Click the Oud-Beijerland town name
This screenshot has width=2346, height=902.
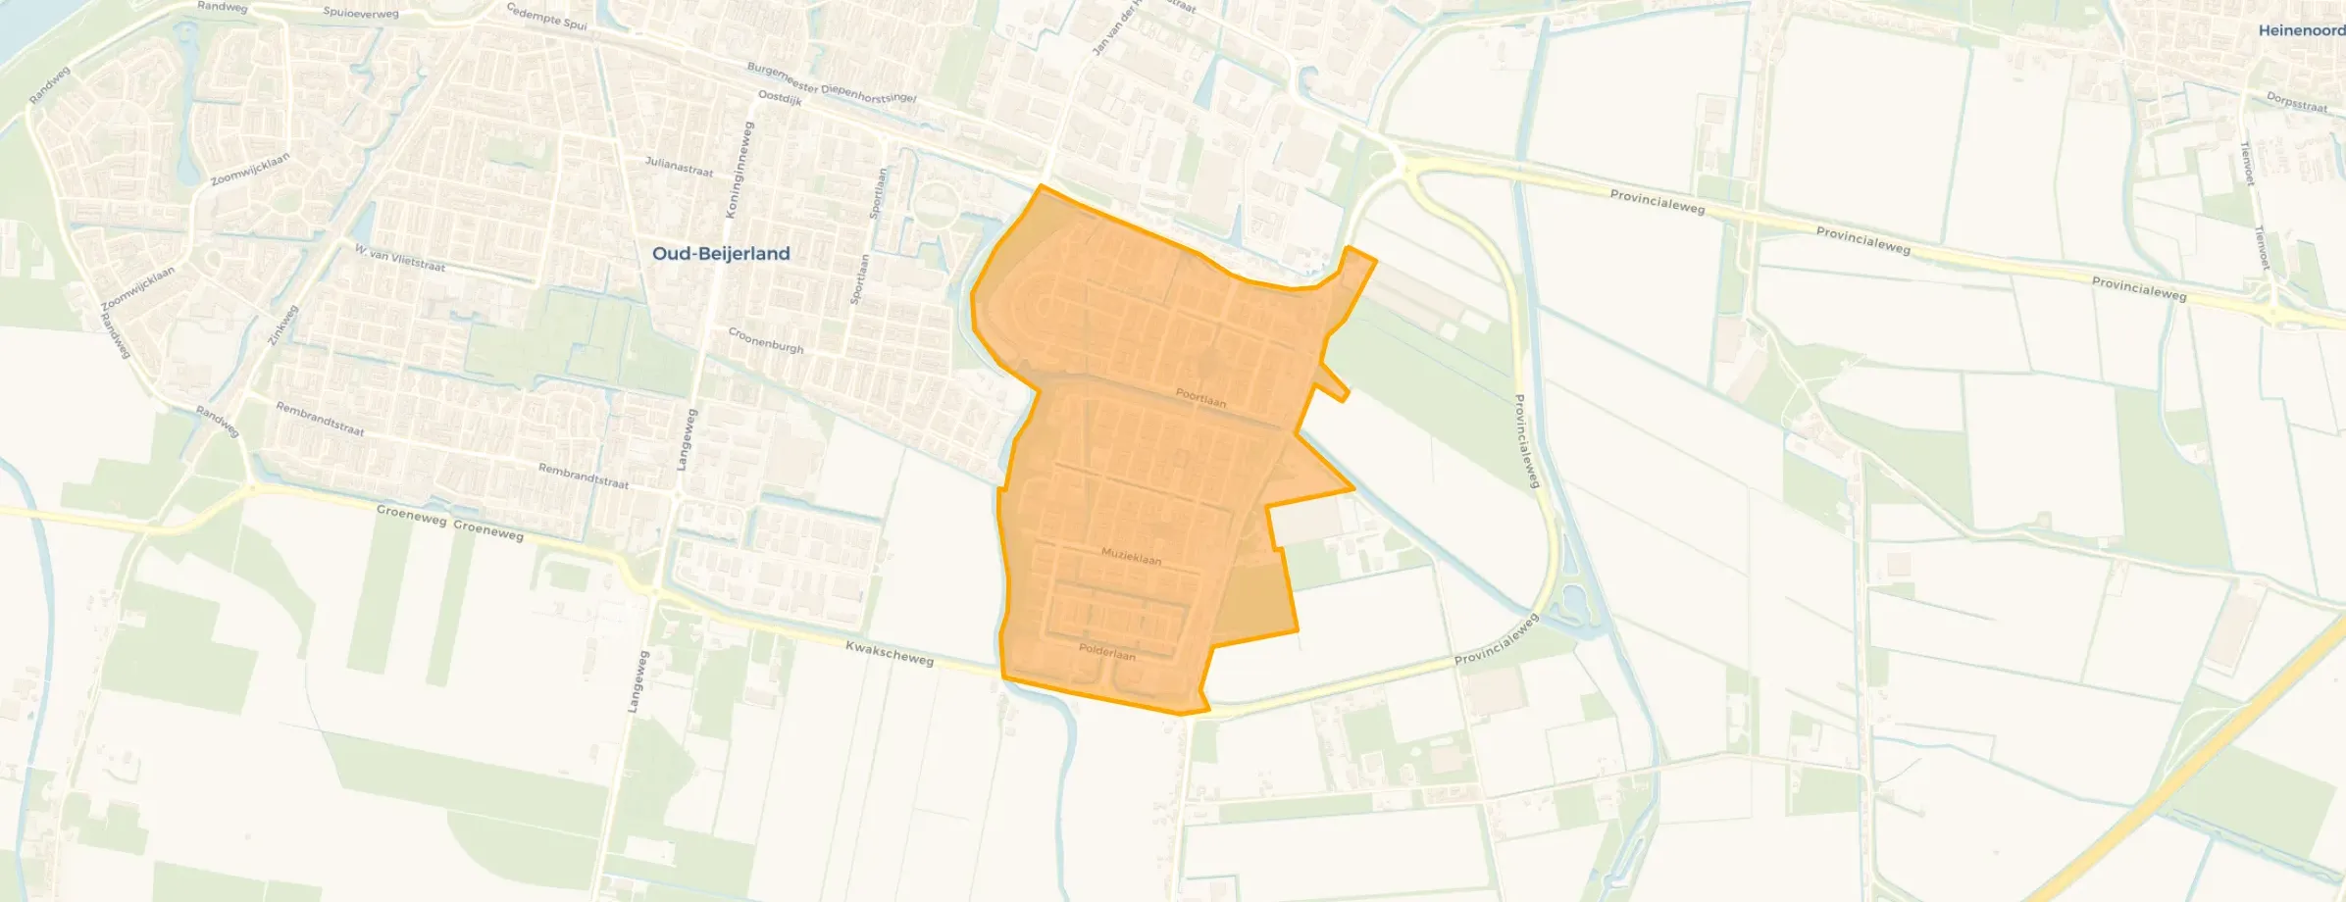point(721,254)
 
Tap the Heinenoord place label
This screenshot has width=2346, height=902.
point(2301,30)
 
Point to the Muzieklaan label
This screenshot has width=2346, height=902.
point(1131,557)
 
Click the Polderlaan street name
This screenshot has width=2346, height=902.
point(1106,651)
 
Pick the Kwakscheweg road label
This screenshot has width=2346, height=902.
point(890,653)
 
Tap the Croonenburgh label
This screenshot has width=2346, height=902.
point(766,340)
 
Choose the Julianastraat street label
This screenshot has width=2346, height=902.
point(679,167)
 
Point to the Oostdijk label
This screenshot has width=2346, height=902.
point(781,98)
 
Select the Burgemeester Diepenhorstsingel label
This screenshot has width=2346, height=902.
point(832,83)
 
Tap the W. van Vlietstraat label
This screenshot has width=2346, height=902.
point(400,259)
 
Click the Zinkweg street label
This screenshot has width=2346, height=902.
point(282,325)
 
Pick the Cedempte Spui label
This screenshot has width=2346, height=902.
point(546,16)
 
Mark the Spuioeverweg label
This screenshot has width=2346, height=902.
point(361,13)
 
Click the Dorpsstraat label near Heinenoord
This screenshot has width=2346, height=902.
point(2296,102)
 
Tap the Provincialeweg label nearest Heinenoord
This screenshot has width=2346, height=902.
point(2138,289)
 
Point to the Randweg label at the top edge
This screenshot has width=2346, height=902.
point(223,6)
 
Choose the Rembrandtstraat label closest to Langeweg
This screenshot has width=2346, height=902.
point(583,476)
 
